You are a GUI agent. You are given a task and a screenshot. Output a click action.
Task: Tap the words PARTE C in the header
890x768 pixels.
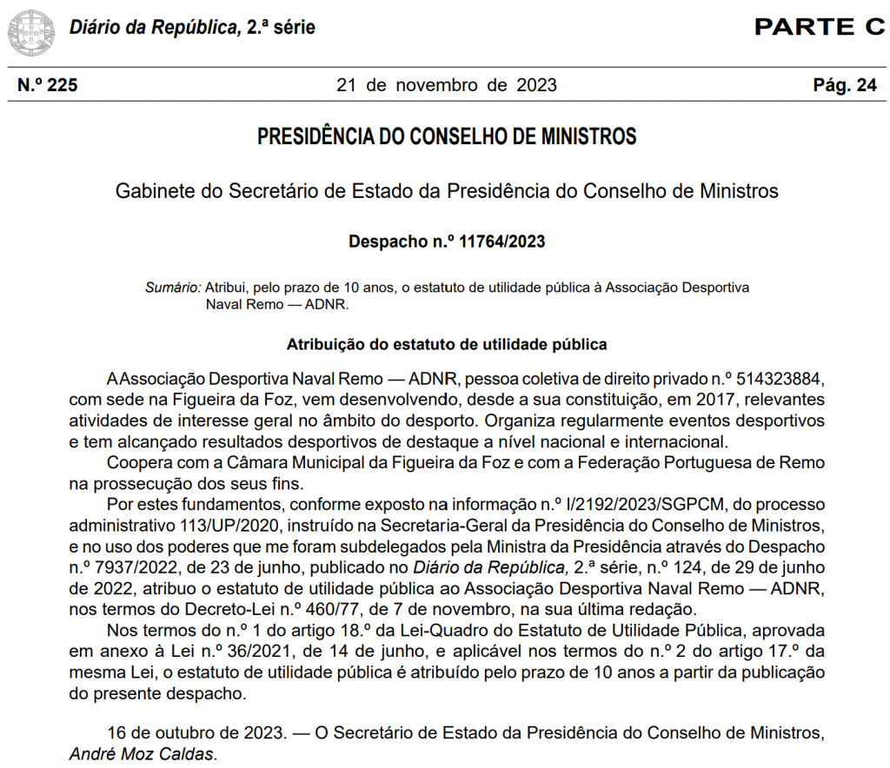tap(819, 27)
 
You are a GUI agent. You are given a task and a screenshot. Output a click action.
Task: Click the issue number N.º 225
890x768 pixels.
tap(48, 85)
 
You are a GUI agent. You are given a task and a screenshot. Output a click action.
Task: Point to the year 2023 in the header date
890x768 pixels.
tap(536, 85)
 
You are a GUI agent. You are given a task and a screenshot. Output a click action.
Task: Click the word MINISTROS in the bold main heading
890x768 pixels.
tap(588, 137)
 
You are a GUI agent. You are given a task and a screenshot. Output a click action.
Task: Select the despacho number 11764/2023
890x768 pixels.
tap(496, 242)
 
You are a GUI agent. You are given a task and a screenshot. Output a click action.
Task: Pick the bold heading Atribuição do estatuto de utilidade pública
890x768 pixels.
tap(447, 344)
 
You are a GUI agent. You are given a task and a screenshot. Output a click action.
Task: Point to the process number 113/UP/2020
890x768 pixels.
tap(238, 526)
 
